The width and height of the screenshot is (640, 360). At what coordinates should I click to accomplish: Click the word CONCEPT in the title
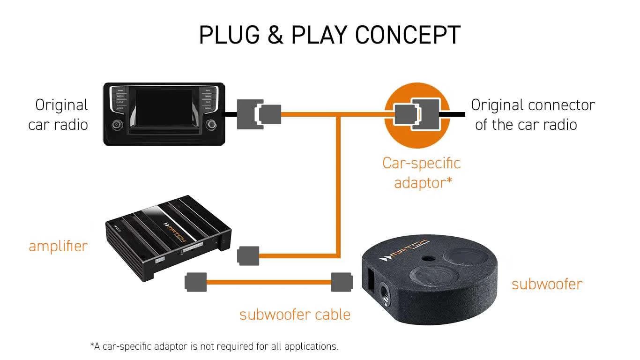click(x=408, y=35)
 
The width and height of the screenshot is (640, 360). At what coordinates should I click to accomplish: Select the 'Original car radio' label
click(x=59, y=115)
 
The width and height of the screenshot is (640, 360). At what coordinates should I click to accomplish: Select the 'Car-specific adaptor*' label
click(x=422, y=172)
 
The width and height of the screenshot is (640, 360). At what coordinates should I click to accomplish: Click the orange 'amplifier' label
click(x=59, y=246)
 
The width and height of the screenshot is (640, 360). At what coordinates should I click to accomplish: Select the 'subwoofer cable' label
click(x=295, y=315)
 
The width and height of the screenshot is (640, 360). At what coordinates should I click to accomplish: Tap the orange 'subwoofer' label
click(x=547, y=284)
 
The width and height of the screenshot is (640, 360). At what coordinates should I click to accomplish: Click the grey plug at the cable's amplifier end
click(x=196, y=282)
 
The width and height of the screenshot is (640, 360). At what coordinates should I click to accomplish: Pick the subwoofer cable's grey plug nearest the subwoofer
click(x=342, y=282)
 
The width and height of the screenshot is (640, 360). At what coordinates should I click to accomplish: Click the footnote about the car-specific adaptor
click(x=214, y=346)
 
